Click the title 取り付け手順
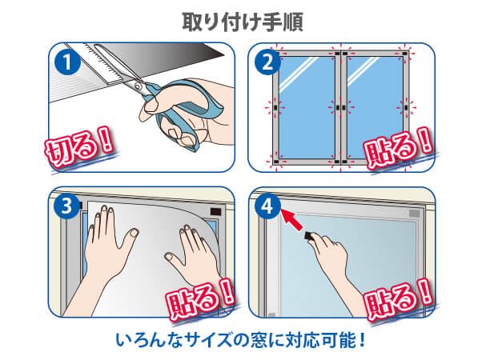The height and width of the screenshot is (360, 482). [240, 20]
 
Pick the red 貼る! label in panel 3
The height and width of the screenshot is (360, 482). [200, 299]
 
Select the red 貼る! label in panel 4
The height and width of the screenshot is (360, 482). [400, 299]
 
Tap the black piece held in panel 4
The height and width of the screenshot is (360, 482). [310, 236]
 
